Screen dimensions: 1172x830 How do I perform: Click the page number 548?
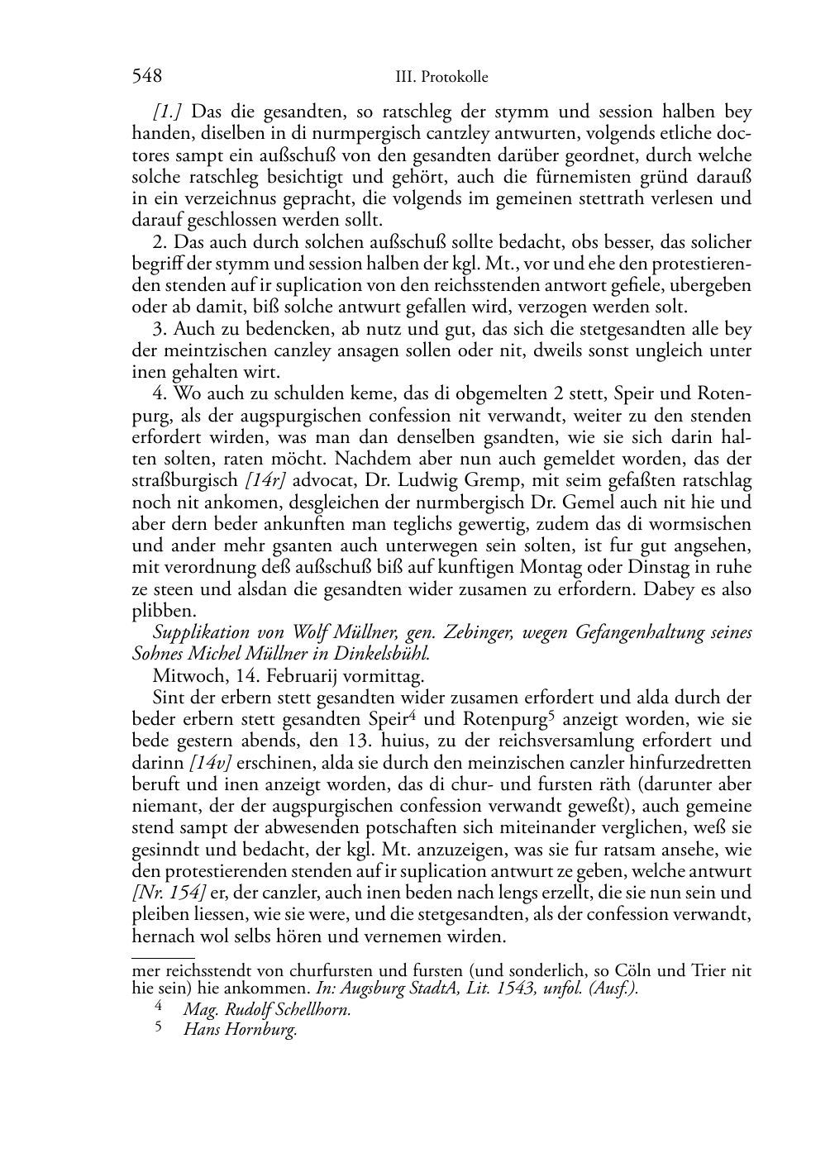click(x=146, y=77)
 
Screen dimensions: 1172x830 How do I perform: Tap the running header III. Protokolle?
click(x=441, y=78)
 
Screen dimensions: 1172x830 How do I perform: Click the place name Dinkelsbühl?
click(x=385, y=654)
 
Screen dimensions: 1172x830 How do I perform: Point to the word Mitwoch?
click(x=183, y=676)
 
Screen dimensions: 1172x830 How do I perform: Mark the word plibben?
click(x=164, y=612)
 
